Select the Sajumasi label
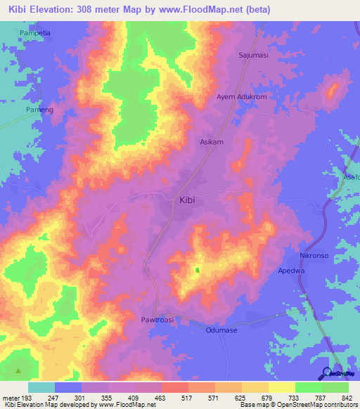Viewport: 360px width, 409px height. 254,53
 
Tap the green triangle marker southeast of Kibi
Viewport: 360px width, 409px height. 197,270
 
